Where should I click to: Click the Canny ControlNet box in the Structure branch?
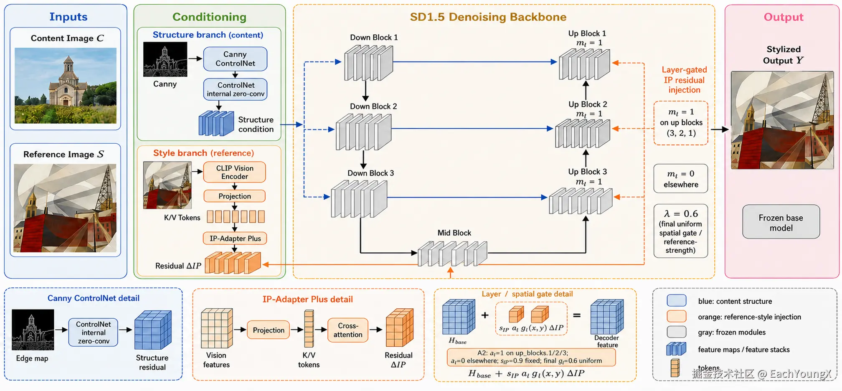click(x=235, y=59)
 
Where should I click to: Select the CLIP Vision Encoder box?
click(x=234, y=172)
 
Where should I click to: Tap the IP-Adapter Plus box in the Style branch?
click(x=235, y=239)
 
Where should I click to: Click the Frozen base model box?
click(x=781, y=222)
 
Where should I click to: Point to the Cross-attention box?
click(x=348, y=330)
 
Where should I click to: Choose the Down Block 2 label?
click(x=373, y=107)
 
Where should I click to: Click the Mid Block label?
click(x=454, y=233)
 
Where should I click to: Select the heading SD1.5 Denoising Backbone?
click(x=488, y=17)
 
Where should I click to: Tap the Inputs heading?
click(x=68, y=17)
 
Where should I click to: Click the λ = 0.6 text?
click(x=681, y=213)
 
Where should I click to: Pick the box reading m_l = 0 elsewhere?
click(x=681, y=178)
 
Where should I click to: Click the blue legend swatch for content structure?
click(x=677, y=300)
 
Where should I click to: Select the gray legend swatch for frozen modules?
click(x=677, y=332)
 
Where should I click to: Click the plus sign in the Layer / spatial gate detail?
click(x=485, y=315)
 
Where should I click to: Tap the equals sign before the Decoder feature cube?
click(x=577, y=315)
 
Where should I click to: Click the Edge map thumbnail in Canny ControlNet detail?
click(x=33, y=330)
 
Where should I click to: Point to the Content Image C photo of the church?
click(x=66, y=86)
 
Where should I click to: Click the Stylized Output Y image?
click(x=782, y=120)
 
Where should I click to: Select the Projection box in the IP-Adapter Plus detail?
click(x=269, y=330)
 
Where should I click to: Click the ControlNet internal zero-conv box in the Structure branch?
click(x=236, y=89)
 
